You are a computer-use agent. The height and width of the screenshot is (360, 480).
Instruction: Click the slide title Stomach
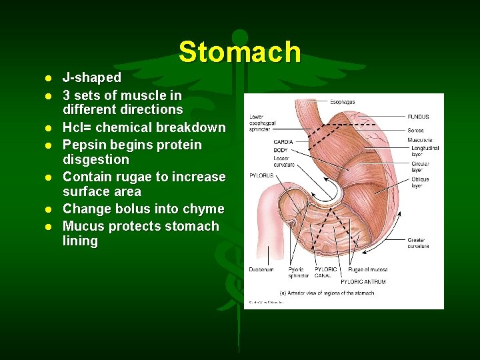(239, 52)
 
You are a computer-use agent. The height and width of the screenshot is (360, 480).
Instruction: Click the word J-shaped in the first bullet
(92, 78)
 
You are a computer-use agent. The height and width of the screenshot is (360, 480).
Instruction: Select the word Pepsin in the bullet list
(86, 145)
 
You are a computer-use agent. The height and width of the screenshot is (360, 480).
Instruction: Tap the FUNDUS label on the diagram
(418, 117)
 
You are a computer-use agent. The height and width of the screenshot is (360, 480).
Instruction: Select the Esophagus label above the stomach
(342, 102)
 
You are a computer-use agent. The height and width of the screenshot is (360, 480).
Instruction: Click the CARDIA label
(283, 141)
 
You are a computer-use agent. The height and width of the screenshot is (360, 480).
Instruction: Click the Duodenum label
(261, 270)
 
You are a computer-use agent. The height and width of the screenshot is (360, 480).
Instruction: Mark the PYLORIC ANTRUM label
(363, 282)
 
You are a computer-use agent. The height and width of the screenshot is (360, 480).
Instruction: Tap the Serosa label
(416, 130)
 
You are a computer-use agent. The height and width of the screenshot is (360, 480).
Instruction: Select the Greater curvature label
(418, 243)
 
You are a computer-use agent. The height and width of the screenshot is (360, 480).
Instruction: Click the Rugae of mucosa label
(367, 270)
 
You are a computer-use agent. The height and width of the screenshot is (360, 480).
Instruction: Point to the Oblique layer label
(420, 183)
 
